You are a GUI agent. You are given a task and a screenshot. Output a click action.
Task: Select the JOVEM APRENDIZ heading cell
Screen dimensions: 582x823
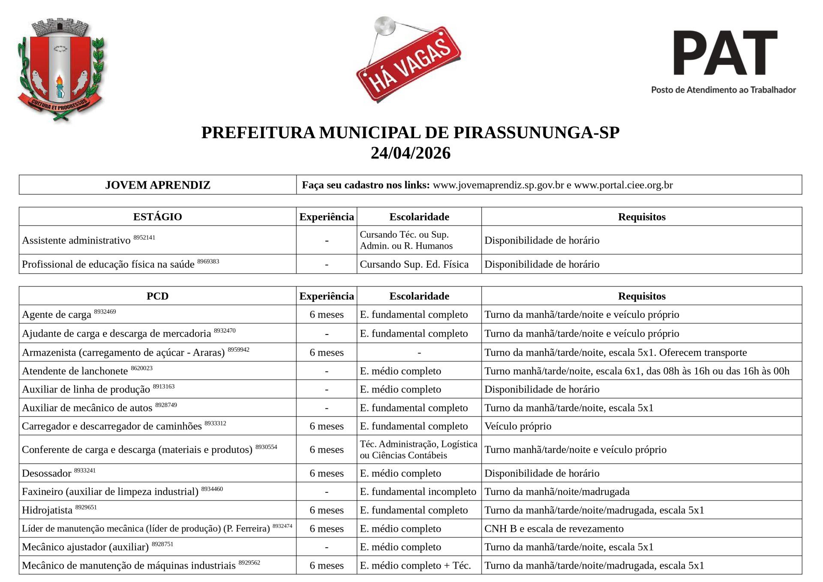pyautogui.click(x=158, y=185)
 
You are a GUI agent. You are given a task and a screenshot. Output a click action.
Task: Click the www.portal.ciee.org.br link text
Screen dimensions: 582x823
pyautogui.click(x=623, y=185)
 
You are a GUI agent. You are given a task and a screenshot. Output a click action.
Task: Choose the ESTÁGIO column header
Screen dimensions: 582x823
pyautogui.click(x=157, y=217)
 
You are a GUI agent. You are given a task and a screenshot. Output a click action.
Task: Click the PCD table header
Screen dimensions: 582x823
pyautogui.click(x=157, y=296)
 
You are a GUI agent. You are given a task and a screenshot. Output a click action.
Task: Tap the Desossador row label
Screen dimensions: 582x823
pyautogui.click(x=47, y=473)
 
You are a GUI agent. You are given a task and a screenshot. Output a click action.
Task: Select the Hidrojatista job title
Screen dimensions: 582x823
pyautogui.click(x=47, y=510)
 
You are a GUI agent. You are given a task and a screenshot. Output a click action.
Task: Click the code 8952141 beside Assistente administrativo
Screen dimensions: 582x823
pyautogui.click(x=144, y=237)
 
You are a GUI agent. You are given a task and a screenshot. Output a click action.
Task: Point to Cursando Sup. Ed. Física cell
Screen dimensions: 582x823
pyautogui.click(x=414, y=264)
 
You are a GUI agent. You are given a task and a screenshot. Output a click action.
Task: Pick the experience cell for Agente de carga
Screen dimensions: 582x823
pyautogui.click(x=327, y=315)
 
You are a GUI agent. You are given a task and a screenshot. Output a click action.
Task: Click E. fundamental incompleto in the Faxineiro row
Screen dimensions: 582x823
pyautogui.click(x=418, y=492)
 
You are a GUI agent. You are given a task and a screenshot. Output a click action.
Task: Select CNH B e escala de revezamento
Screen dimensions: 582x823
pyautogui.click(x=554, y=529)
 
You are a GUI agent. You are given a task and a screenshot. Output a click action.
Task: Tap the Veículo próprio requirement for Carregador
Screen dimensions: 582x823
pyautogui.click(x=518, y=426)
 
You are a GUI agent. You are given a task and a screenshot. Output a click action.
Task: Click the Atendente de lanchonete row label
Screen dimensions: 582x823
pyautogui.click(x=75, y=371)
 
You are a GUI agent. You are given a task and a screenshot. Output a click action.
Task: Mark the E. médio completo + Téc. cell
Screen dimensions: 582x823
pyautogui.click(x=415, y=566)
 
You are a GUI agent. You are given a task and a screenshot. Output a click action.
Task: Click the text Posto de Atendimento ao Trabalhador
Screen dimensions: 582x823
pyautogui.click(x=724, y=90)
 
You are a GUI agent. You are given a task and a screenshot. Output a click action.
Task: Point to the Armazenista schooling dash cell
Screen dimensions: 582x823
pyautogui.click(x=419, y=353)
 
